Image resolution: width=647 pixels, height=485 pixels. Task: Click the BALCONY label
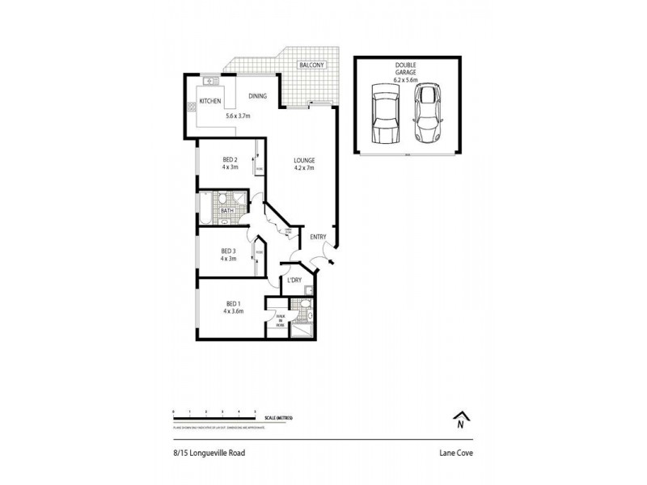(x=311, y=65)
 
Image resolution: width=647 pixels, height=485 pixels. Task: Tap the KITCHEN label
(x=210, y=102)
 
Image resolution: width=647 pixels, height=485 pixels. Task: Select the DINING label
(x=258, y=95)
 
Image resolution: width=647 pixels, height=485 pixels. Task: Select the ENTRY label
(x=318, y=237)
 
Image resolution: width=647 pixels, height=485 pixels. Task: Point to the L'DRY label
(x=294, y=280)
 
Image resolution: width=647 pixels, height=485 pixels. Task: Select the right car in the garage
(x=429, y=112)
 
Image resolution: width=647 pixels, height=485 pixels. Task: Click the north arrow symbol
(x=460, y=420)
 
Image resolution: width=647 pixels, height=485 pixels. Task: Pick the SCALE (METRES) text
(x=280, y=418)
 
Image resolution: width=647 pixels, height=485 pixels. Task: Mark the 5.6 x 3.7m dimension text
(x=238, y=116)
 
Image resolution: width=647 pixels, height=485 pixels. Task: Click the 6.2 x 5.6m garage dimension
(x=406, y=79)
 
